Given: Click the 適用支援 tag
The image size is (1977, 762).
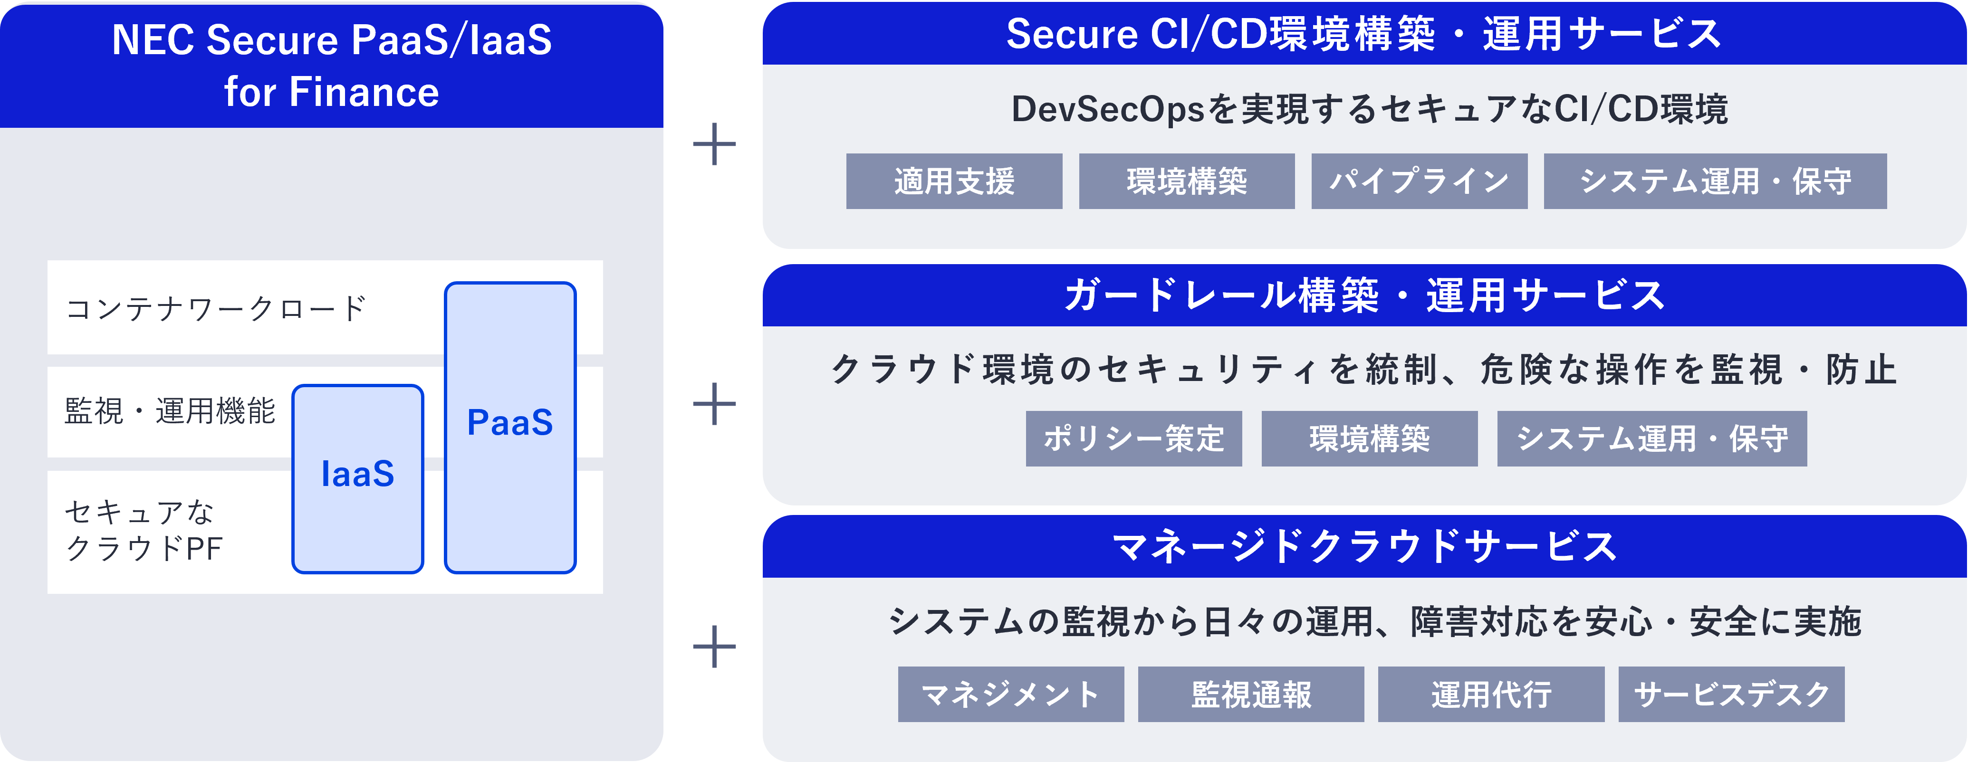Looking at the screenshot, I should click(954, 181).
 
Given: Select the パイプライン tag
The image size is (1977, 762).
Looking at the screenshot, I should click(1419, 181).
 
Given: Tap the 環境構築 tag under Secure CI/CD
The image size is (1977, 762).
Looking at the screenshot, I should click(1187, 181).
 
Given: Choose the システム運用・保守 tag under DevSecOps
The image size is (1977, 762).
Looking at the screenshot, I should click(1715, 181).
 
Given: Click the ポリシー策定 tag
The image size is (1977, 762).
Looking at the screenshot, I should click(1133, 438).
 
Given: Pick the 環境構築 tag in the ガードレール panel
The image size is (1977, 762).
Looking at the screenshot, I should click(1369, 438).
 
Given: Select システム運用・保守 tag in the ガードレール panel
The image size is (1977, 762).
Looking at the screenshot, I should click(1651, 438).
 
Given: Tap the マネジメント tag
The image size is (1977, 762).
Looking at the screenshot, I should click(1011, 694).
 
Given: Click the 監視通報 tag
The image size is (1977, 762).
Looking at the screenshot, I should click(1251, 694).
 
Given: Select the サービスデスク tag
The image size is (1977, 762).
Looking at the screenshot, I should click(1731, 694).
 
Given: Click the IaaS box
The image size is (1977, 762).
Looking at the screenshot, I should click(358, 478).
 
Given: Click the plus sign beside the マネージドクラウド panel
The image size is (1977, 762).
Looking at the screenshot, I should click(714, 646).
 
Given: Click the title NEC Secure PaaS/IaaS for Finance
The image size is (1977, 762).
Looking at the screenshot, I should click(332, 65).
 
